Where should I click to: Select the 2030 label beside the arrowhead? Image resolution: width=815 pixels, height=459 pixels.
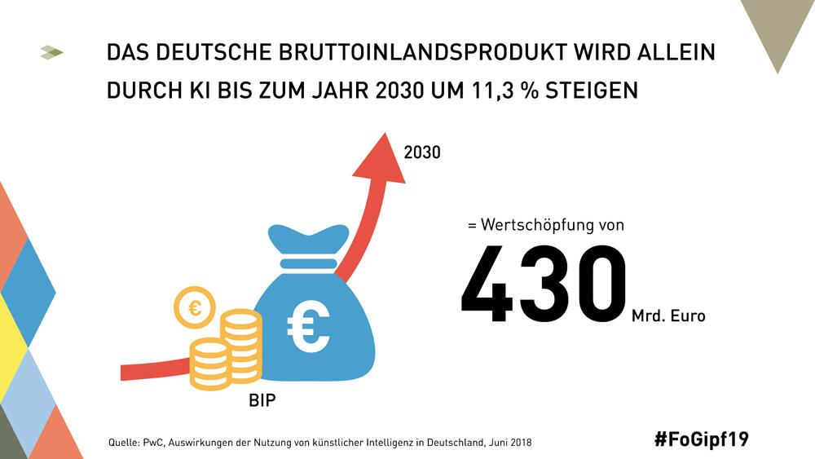tap(422, 151)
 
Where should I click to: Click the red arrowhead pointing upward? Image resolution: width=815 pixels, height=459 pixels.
tap(379, 161)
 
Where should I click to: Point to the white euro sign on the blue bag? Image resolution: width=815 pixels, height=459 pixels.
tap(309, 324)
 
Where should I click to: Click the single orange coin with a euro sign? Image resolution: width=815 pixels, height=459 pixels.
tap(195, 307)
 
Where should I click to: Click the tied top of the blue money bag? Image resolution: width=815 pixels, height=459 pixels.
tap(306, 238)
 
